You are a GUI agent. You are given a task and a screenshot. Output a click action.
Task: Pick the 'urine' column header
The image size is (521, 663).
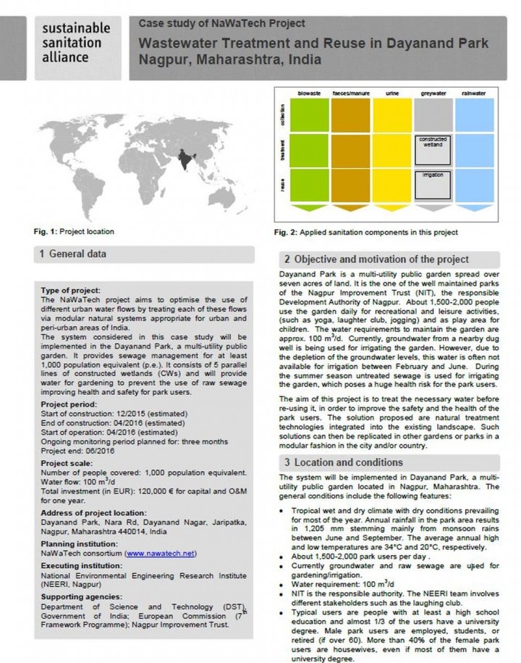(x=391, y=93)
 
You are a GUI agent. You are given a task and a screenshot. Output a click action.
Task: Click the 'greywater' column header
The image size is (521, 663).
(x=433, y=93)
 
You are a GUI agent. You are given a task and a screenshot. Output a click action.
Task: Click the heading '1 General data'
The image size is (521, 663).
(x=73, y=254)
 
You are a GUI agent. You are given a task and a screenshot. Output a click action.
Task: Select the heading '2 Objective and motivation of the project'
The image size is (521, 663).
(x=376, y=259)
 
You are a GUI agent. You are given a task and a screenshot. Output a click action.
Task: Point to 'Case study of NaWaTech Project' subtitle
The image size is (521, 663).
(x=221, y=25)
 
